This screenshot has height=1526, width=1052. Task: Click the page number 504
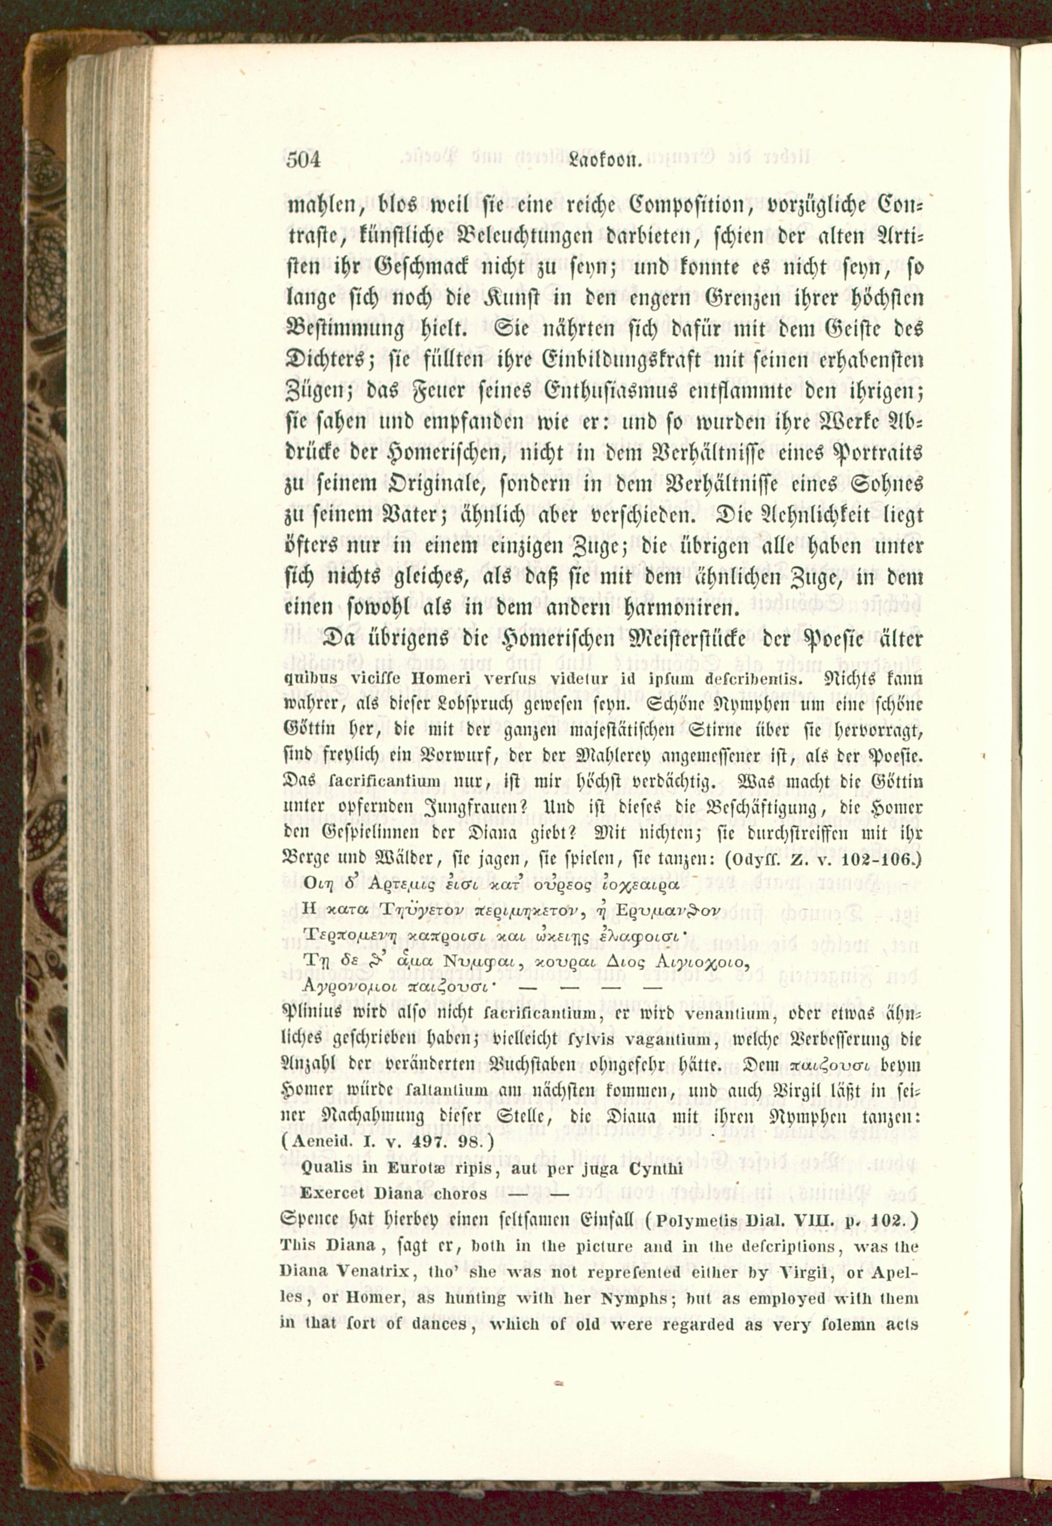coord(303,160)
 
